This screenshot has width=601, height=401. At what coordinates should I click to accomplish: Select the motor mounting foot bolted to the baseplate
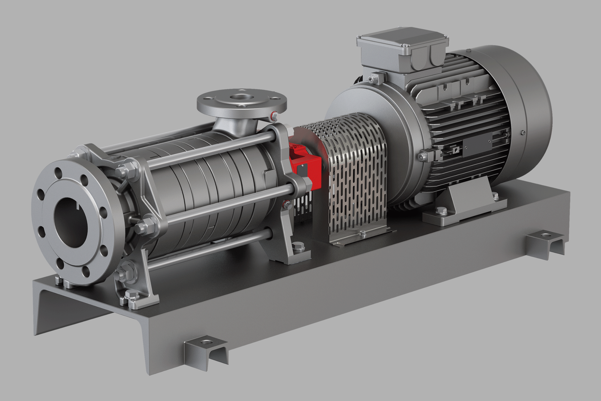click(x=464, y=203)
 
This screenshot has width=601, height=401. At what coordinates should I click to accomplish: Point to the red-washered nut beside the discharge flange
click(x=274, y=116)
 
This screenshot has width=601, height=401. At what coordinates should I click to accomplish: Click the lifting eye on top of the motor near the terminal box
click(x=373, y=77)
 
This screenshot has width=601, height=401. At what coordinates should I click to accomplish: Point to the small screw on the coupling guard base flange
click(x=363, y=233)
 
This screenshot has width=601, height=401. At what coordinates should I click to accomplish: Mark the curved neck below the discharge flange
click(x=235, y=126)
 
